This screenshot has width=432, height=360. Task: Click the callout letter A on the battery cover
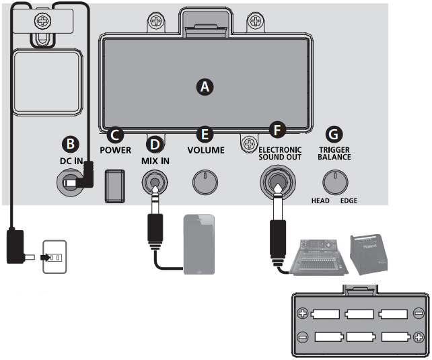204,86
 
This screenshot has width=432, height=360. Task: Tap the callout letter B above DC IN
70,143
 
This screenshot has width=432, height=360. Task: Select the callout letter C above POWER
115,135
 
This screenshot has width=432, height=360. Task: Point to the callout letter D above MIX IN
155,143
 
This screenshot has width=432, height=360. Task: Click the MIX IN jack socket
155,182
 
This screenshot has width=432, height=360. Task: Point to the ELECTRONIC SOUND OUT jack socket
276,182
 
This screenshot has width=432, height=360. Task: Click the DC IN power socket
69,182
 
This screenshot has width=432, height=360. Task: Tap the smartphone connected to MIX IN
200,244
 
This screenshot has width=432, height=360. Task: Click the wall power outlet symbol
54,256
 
